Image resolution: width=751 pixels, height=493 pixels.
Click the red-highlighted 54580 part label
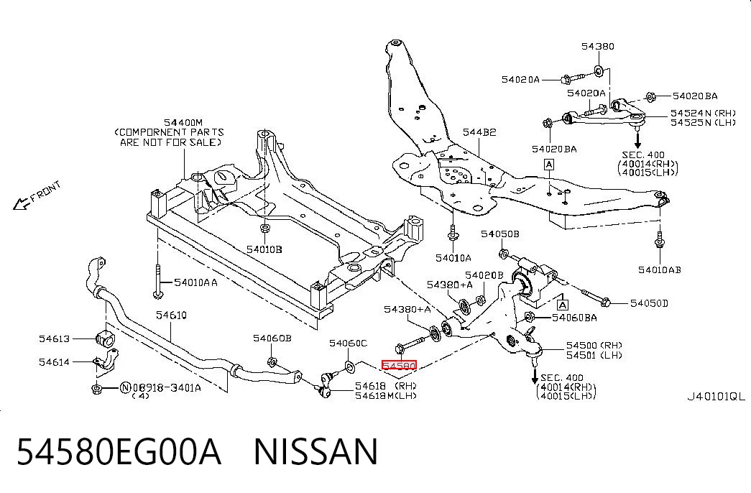pyautogui.click(x=399, y=366)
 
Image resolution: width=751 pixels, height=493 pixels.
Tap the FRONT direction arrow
pyautogui.click(x=21, y=204)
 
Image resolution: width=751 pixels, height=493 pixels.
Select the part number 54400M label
pyautogui.click(x=183, y=123)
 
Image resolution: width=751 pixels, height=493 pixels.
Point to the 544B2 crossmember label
pyautogui.click(x=479, y=132)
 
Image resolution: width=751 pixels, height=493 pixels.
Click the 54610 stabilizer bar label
pyautogui.click(x=171, y=315)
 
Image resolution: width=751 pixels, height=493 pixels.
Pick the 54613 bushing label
pyautogui.click(x=54, y=338)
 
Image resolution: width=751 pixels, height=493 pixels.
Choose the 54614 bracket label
pyautogui.click(x=54, y=361)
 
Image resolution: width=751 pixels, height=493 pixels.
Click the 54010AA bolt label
pyautogui.click(x=195, y=282)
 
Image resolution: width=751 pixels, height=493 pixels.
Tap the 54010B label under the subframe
pyautogui.click(x=264, y=249)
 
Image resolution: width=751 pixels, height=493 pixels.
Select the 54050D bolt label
pyautogui.click(x=649, y=303)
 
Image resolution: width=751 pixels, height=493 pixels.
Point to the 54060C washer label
pyautogui.click(x=349, y=343)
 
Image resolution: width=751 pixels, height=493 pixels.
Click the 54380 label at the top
pyautogui.click(x=598, y=46)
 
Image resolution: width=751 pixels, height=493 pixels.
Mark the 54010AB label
pyautogui.click(x=660, y=269)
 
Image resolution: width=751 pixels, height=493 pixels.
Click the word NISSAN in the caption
pyautogui.click(x=315, y=452)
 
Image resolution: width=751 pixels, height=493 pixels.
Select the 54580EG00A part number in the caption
pyautogui.click(x=119, y=452)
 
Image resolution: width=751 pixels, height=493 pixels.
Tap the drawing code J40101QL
pyautogui.click(x=717, y=396)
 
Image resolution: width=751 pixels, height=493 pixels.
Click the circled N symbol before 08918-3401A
pyautogui.click(x=124, y=387)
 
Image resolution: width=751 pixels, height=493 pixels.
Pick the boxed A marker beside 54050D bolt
pyautogui.click(x=563, y=305)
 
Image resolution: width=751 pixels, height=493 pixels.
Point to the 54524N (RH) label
pyautogui.click(x=703, y=113)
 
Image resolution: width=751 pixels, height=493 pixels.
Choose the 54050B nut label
pyautogui.click(x=500, y=234)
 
